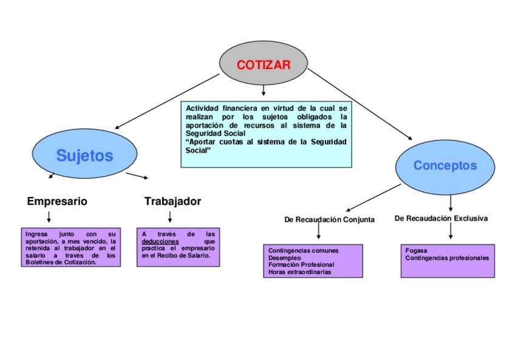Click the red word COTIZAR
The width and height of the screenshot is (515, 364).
(264, 65)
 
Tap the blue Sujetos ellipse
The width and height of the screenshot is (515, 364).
(84, 156)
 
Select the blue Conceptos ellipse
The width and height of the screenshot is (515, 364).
(445, 165)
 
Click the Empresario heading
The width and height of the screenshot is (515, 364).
(57, 201)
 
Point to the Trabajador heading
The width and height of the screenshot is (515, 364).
(172, 201)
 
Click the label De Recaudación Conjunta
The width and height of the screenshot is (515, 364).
(329, 220)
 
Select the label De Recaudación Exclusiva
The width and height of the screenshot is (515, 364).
(441, 218)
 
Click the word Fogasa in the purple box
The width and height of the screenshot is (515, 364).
(416, 250)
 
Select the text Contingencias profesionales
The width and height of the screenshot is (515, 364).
(447, 258)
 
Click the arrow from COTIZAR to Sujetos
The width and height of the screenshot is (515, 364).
(167, 101)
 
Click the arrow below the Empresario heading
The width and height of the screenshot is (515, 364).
(49, 217)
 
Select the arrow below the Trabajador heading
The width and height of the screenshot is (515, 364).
(170, 217)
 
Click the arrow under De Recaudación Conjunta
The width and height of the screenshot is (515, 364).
(318, 232)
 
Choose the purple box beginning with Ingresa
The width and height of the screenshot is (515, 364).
(70, 248)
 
